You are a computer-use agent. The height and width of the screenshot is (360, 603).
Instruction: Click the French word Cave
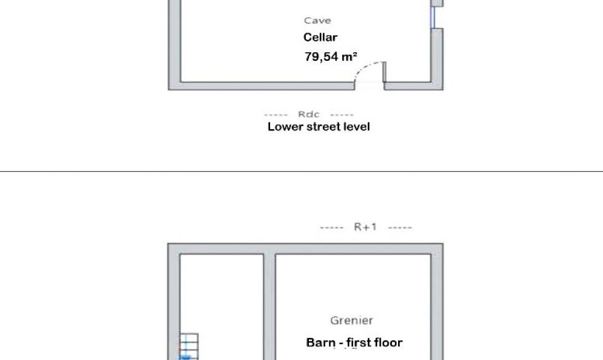[317, 20]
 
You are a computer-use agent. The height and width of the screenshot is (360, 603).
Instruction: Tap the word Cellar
[321, 38]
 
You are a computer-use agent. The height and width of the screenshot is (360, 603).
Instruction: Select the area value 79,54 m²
[331, 57]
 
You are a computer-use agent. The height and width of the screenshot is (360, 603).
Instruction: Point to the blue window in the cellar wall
[433, 17]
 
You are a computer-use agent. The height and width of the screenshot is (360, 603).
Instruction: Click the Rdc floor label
[308, 114]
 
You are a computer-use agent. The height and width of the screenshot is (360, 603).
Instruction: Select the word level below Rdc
[358, 127]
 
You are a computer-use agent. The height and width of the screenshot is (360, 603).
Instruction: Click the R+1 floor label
[365, 227]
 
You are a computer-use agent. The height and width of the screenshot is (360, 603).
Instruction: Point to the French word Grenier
[351, 321]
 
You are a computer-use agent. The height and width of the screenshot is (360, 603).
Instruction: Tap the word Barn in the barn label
[321, 342]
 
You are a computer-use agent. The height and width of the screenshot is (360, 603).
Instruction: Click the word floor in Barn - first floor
[388, 342]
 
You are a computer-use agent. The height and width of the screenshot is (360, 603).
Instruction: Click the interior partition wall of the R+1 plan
[270, 307]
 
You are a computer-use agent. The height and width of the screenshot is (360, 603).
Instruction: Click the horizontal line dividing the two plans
[301, 171]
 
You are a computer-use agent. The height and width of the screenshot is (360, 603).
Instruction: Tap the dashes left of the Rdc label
[276, 114]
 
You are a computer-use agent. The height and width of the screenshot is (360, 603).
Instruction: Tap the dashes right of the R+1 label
[400, 228]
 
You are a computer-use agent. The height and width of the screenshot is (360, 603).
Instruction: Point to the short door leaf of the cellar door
[384, 71]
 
